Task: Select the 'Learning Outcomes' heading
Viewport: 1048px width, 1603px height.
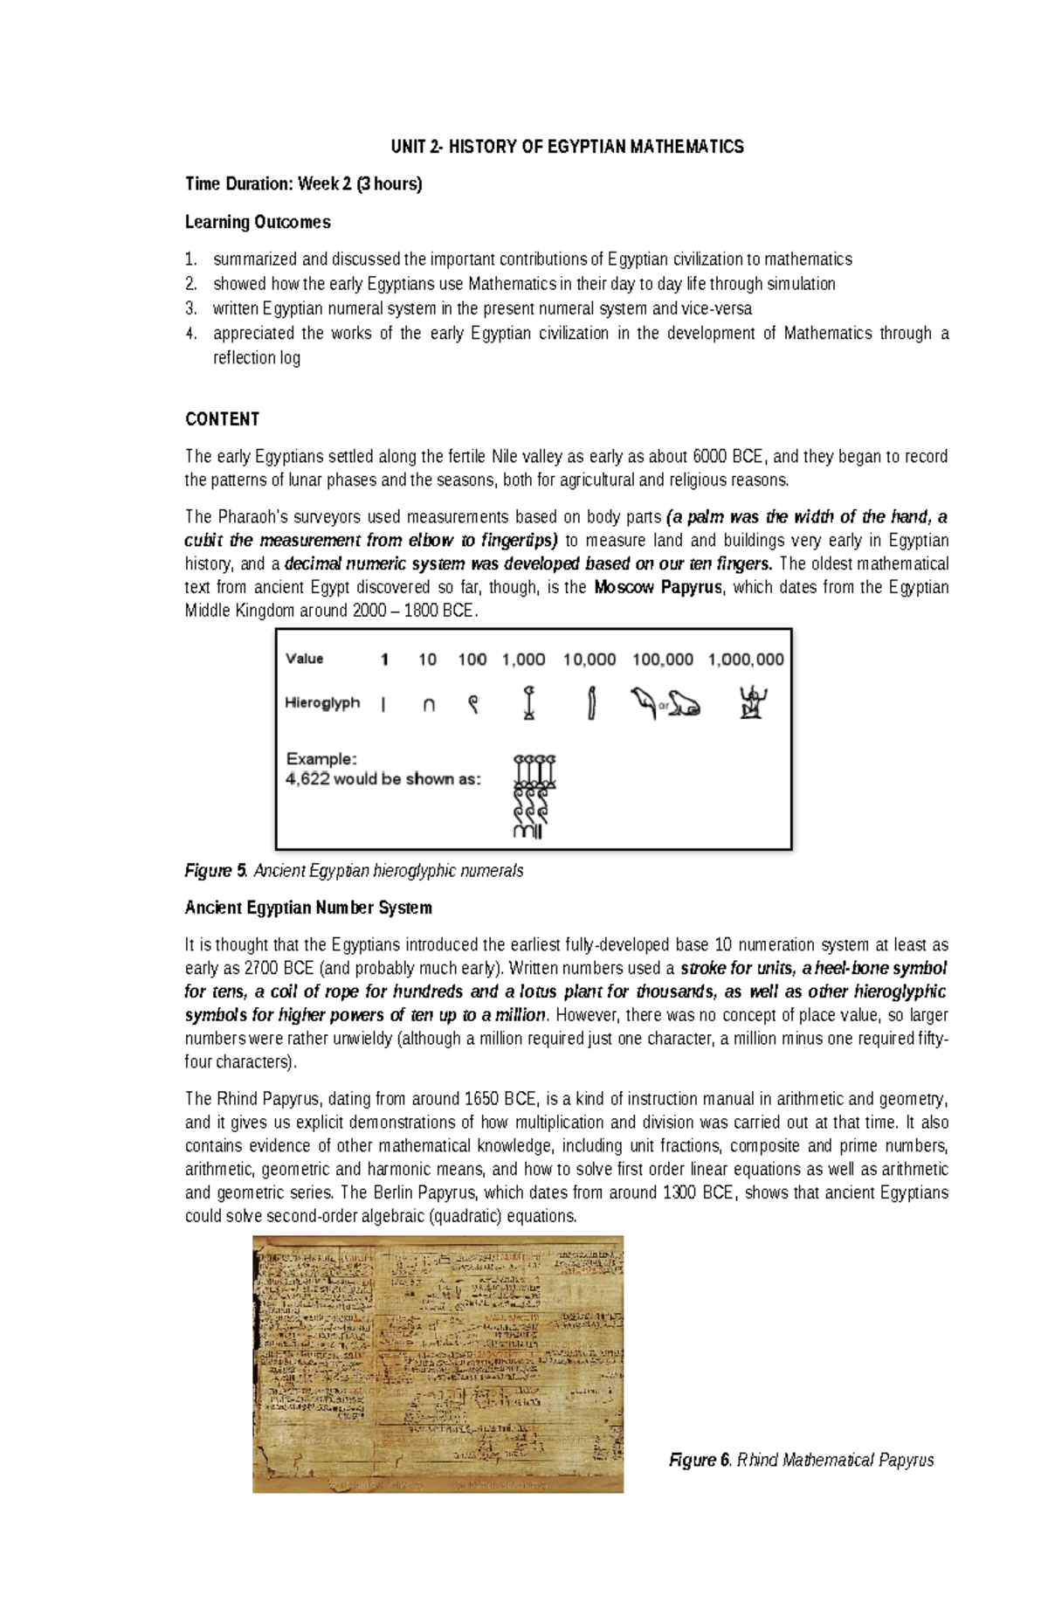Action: [x=258, y=222]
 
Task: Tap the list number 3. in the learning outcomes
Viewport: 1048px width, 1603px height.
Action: [x=191, y=308]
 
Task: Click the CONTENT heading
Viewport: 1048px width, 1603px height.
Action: [x=222, y=419]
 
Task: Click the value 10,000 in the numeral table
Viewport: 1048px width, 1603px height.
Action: [x=589, y=660]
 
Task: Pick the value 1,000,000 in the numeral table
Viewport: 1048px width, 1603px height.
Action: [x=746, y=660]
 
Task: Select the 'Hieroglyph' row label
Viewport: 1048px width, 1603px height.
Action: [x=322, y=702]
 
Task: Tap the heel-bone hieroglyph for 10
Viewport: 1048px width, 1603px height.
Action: [x=428, y=705]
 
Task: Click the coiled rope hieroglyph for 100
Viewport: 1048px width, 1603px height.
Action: [x=472, y=704]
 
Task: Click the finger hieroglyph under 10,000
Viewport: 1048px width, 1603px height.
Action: [x=591, y=703]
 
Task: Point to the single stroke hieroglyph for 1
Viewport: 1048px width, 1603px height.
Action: [x=383, y=705]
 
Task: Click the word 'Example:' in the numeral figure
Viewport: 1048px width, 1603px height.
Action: [x=321, y=759]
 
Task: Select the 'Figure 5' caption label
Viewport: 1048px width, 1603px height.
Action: [x=210, y=871]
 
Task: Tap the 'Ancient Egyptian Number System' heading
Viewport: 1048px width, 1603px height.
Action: [x=308, y=908]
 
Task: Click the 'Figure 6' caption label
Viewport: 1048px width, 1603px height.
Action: [x=700, y=1460]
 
